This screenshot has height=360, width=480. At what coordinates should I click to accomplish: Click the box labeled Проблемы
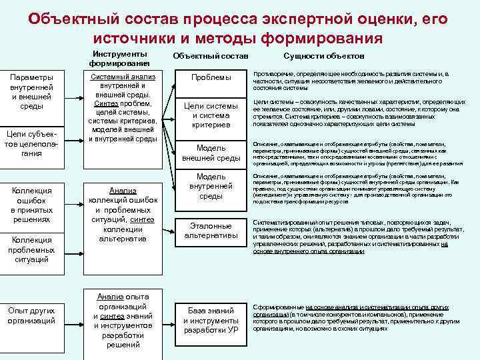(x=211, y=78)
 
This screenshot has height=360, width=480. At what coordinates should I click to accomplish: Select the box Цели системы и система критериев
(x=211, y=115)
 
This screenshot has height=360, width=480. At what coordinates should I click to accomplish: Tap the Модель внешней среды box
(x=211, y=153)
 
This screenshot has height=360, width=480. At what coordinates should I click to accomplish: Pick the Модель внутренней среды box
(x=211, y=186)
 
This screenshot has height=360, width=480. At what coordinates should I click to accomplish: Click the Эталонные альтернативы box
(x=211, y=231)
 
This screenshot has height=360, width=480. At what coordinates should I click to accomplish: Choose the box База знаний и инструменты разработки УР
(x=211, y=320)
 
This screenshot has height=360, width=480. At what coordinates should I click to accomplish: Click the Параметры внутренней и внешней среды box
(x=31, y=91)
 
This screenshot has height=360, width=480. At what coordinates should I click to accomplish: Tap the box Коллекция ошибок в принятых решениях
(x=31, y=205)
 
